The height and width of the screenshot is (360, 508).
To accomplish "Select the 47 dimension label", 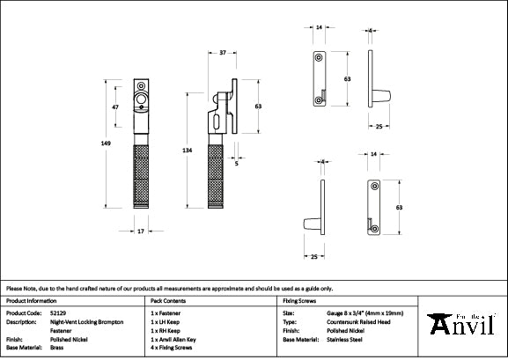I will [115, 107].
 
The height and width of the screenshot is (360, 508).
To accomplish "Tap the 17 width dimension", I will [140, 231].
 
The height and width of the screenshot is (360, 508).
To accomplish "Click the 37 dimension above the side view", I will [223, 53].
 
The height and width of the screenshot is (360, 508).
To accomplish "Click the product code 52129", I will [58, 312].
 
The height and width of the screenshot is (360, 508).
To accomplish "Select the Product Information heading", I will [30, 301].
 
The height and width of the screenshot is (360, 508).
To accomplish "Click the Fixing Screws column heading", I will [299, 301].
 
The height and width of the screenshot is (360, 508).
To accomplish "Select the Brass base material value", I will [56, 348].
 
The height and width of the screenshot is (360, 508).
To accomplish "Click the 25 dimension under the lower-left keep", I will [313, 256].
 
